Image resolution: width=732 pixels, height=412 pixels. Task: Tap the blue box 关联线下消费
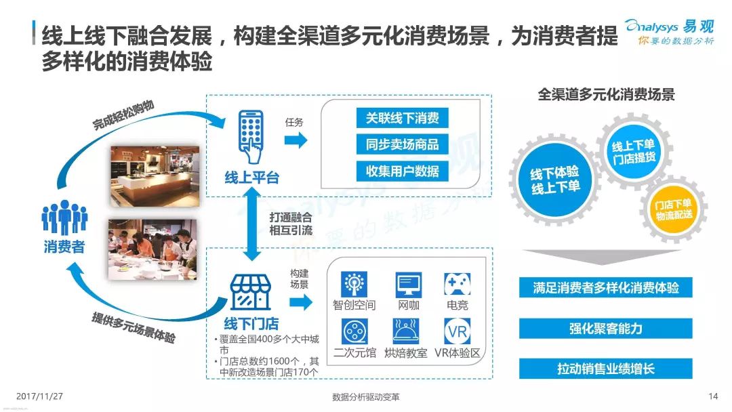coord(403,118)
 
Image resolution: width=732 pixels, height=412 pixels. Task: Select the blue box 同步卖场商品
coord(403,144)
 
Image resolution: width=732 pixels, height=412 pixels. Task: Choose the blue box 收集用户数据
coord(403,171)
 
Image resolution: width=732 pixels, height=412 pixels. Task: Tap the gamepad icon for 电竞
coord(457,283)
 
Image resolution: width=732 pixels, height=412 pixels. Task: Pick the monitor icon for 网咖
coord(409,283)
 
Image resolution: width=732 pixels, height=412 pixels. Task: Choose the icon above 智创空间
coord(354,283)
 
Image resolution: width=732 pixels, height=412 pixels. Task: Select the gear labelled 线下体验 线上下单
coord(555,180)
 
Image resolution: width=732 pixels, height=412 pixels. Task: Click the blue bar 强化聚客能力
coord(606,329)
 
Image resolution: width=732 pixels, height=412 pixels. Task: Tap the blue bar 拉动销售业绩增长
coord(606,369)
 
